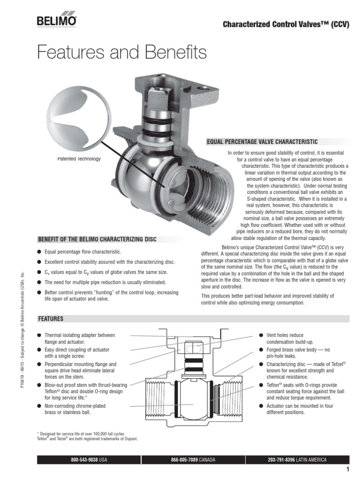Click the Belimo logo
point(57,19)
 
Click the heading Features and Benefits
point(122,52)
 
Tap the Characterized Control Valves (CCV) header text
point(286,24)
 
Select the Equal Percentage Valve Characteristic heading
point(262,142)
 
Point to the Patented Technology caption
point(79,158)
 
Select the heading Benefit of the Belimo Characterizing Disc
point(97,239)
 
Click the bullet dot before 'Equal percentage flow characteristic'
point(39,252)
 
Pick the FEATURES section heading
point(51,319)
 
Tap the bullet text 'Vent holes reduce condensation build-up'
point(290,338)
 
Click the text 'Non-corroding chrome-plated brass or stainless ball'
point(75,409)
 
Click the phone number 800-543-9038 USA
point(89,459)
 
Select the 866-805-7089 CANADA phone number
point(193,459)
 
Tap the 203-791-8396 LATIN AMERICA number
point(297,459)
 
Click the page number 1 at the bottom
point(348,469)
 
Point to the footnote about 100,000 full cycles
point(81,434)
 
